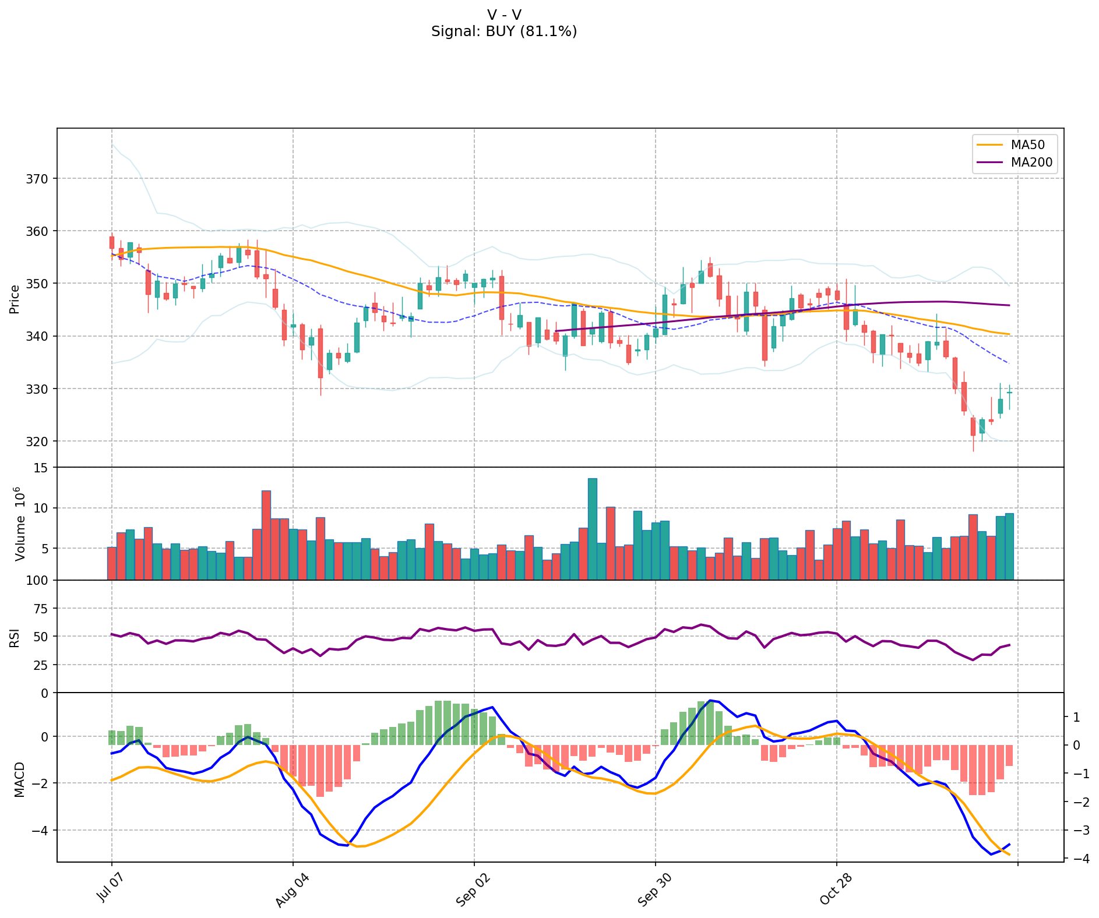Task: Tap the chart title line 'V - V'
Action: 504,15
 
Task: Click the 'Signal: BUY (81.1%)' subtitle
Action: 504,31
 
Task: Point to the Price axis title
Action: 15,298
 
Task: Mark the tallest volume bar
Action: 593,529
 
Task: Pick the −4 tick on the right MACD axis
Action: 1076,858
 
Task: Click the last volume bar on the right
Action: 1009,546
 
